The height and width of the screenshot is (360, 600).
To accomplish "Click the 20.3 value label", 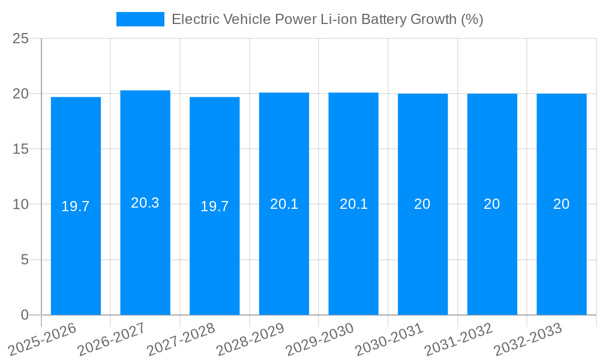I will tap(145, 203).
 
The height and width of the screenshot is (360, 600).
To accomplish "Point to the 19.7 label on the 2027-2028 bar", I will tap(214, 206).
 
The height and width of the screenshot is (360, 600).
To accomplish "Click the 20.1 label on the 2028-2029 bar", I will tap(284, 204).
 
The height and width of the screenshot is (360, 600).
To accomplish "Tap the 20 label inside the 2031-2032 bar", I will tap(492, 204).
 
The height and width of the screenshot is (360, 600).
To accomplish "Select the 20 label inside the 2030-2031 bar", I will tap(422, 204).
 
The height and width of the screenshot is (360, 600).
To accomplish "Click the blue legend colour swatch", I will tap(140, 19).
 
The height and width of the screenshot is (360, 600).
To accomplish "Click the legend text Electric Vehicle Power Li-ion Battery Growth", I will tap(327, 19).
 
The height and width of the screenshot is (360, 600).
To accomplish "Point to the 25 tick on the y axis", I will tap(20, 38).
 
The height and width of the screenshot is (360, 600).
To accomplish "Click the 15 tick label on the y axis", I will tap(20, 149).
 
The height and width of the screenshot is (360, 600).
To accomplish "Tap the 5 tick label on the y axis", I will tap(25, 260).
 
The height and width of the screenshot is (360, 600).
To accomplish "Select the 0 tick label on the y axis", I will tap(25, 315).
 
